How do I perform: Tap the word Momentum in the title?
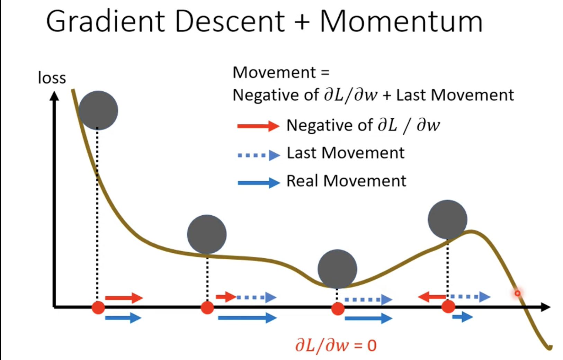pos(401,21)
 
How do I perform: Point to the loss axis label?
pos(52,78)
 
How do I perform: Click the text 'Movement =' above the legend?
pos(281,72)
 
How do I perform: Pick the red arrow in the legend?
pos(258,126)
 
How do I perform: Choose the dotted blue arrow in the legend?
pos(258,155)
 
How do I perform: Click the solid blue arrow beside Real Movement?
pos(258,182)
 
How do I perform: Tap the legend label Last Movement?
pos(345,153)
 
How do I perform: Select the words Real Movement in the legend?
pos(346,181)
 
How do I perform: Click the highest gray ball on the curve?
pos(98,110)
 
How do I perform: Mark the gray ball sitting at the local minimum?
pos(337,269)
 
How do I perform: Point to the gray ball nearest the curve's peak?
pos(447,219)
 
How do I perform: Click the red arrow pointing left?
pos(432,297)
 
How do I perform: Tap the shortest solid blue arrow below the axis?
pos(463,316)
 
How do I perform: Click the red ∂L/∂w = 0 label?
pos(336,345)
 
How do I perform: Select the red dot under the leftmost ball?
pos(98,307)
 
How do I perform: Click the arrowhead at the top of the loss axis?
pos(54,96)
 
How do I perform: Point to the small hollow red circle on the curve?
pos(517,294)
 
